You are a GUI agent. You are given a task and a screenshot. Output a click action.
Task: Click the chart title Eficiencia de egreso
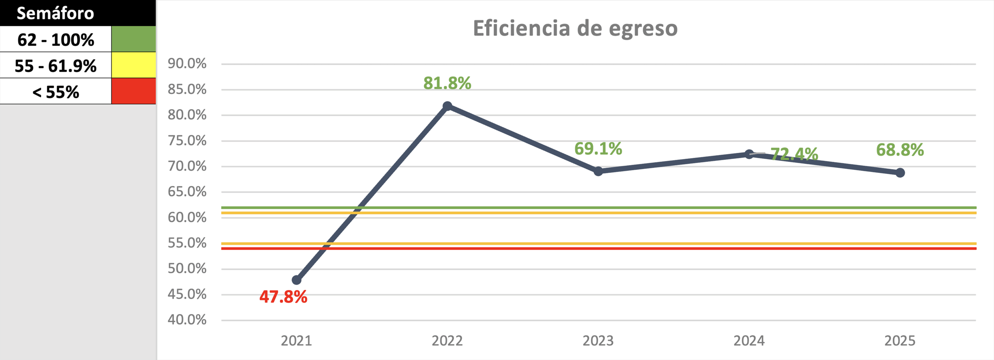point(575,28)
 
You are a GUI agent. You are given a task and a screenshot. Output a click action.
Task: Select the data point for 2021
point(297,280)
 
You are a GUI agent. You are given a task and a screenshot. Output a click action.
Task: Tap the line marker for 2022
point(447,106)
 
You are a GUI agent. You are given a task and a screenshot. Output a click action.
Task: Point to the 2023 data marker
point(598,171)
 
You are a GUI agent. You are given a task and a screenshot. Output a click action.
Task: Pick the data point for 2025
point(900,173)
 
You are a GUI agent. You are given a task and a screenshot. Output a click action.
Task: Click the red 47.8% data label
point(283,297)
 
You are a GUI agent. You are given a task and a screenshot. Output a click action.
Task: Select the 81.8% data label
point(447,83)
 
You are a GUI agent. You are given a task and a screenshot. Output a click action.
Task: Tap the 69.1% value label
point(598,149)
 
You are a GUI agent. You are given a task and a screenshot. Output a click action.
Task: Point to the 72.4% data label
point(794,154)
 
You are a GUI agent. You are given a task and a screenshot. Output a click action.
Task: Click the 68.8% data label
point(900,150)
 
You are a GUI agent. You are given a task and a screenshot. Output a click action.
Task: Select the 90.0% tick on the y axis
point(187,64)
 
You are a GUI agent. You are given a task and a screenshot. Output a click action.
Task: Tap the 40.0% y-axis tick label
point(187,320)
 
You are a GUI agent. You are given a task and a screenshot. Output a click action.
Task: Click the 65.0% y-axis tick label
point(187,192)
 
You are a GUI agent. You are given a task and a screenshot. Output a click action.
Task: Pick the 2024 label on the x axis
point(749,341)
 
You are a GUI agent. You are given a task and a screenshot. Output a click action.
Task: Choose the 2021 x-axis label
point(296,341)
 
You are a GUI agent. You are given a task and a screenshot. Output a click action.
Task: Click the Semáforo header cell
point(56,13)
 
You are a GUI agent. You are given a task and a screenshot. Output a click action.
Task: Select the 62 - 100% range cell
point(56,40)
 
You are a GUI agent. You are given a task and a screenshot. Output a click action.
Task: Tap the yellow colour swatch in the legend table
point(134,65)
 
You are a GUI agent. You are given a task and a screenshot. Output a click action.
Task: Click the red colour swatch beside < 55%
point(134,91)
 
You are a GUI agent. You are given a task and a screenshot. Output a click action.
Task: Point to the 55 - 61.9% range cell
point(56,66)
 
